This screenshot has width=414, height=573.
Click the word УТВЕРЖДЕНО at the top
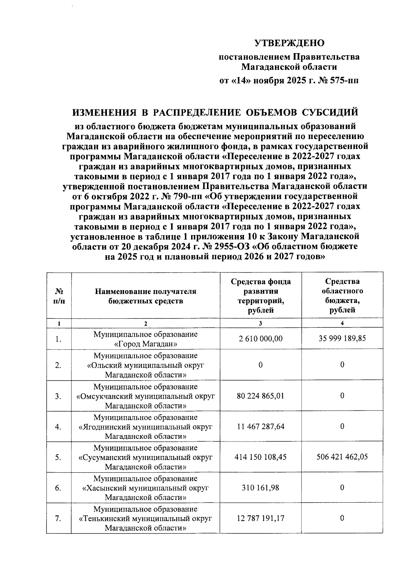point(289,43)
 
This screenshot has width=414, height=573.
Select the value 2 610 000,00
point(260,338)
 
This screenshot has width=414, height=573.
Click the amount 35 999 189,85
point(342,338)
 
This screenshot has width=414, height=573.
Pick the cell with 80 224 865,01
point(260,396)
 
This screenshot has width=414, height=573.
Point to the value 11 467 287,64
point(260,426)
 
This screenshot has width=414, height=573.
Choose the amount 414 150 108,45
point(260,457)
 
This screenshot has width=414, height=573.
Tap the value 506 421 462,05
point(342,457)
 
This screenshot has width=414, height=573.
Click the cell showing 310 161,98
point(260,487)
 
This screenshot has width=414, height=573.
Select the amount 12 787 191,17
point(260,518)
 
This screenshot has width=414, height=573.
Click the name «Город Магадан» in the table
point(146,344)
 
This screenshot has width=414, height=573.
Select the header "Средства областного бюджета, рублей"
point(342,296)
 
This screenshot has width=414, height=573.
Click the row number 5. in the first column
point(58,457)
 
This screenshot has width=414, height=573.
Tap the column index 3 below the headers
point(260,323)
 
